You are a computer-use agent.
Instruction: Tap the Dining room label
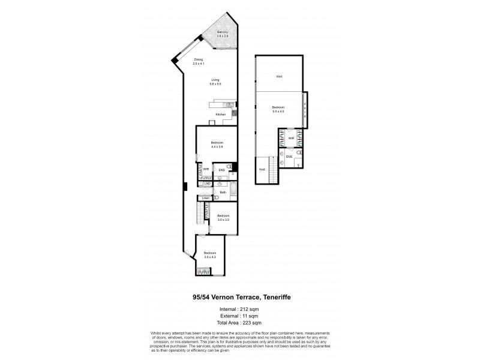199,59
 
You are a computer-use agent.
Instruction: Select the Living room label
215,80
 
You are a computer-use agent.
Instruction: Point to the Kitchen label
221,115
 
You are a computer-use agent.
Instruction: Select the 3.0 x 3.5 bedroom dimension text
223,220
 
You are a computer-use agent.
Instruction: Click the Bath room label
223,193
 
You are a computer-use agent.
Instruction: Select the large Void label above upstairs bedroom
279,76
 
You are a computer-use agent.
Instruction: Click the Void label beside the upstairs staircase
262,170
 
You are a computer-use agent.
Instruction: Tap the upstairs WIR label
290,139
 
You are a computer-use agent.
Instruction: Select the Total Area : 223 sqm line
239,322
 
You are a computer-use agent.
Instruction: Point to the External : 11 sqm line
239,315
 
